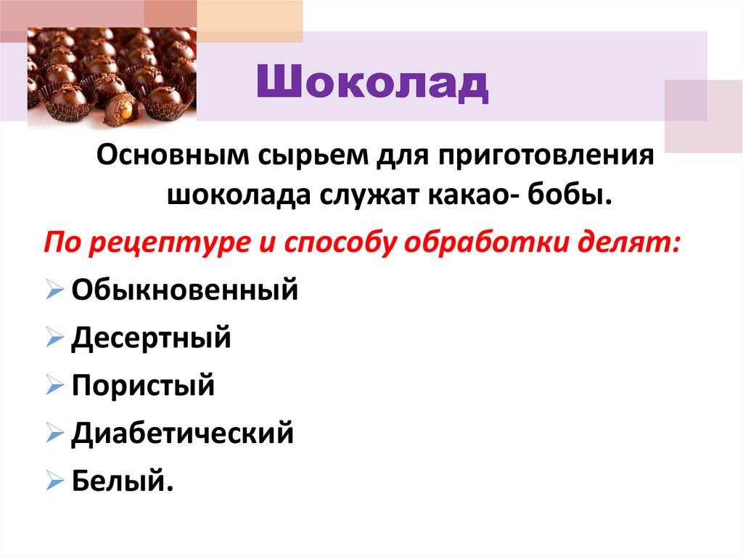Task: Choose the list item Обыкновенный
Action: [185, 291]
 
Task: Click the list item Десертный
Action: [151, 338]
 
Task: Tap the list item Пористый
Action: [143, 385]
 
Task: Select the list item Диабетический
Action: [182, 433]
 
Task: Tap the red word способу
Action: [331, 242]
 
